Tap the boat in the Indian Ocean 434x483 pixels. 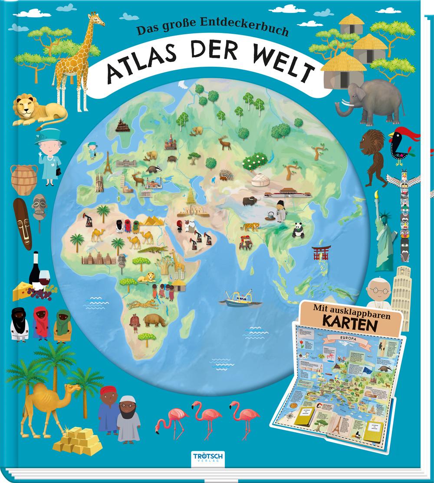tap(238, 298)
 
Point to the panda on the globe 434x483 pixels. tap(298, 230)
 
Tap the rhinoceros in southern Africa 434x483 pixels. tap(152, 320)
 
